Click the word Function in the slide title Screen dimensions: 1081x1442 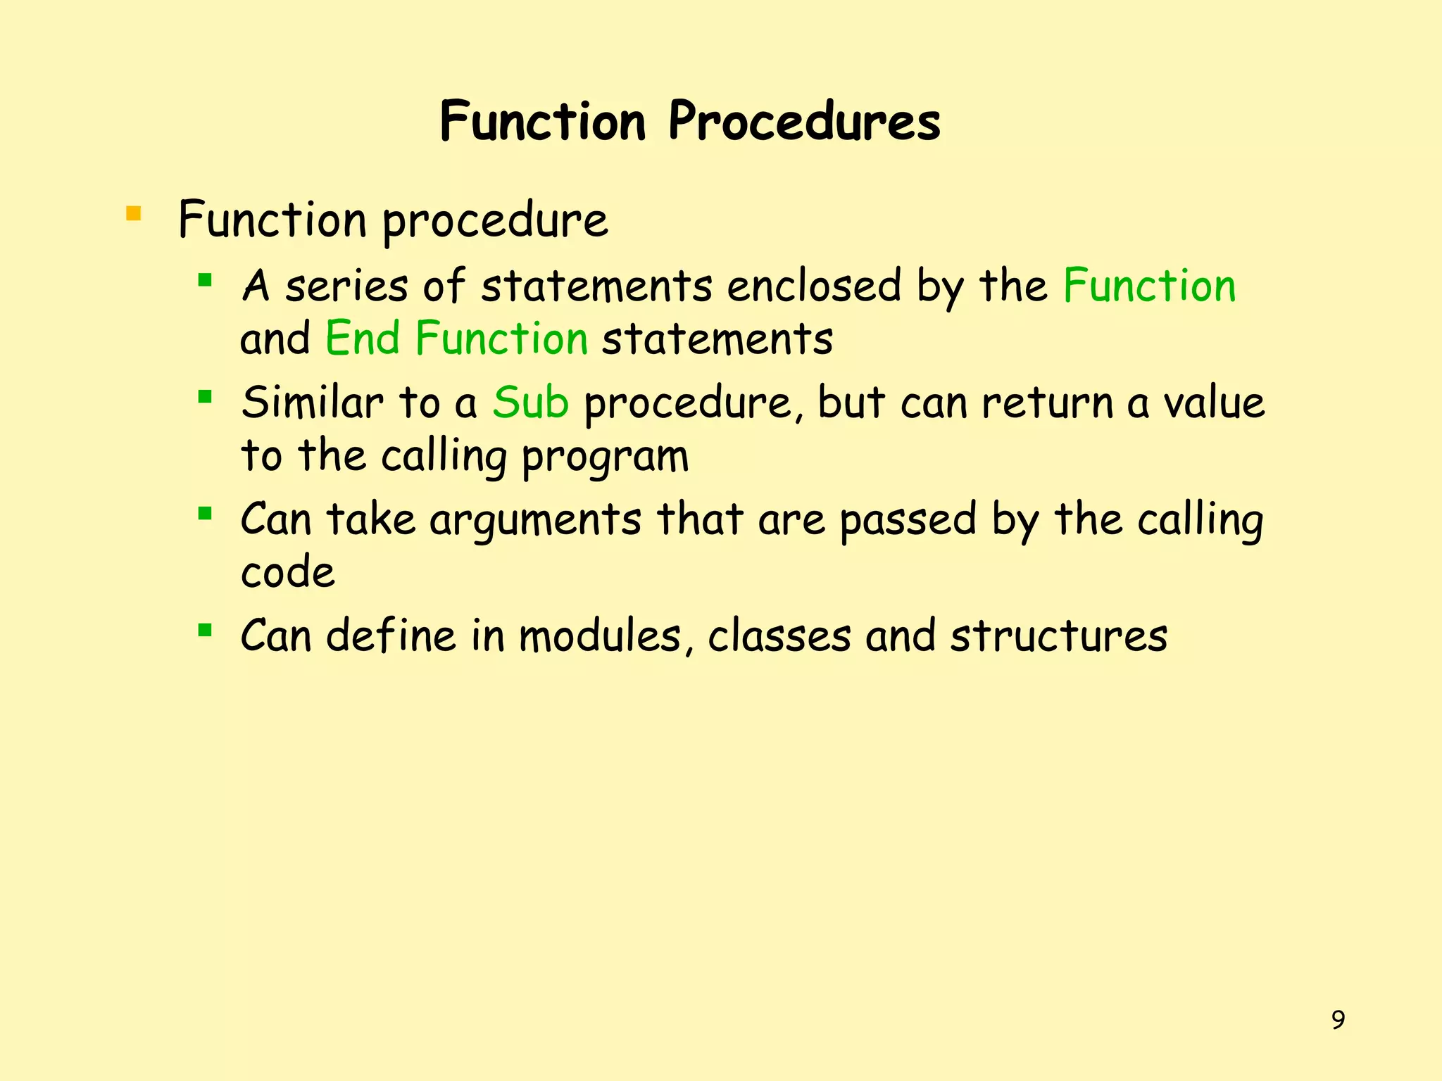[x=542, y=121]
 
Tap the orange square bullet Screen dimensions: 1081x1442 [x=133, y=213]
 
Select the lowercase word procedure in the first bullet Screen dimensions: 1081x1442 [x=495, y=221]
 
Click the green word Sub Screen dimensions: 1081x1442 [x=530, y=403]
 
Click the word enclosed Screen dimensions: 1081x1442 [x=813, y=286]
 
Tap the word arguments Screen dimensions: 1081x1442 [x=535, y=521]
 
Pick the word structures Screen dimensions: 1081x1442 [x=1058, y=636]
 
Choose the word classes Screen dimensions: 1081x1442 [x=779, y=636]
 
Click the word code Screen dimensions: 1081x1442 [x=287, y=571]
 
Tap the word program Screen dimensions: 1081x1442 [x=605, y=457]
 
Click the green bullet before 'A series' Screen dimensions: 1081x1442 [x=205, y=282]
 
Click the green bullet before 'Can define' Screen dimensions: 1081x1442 [x=205, y=630]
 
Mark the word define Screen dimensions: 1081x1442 [x=391, y=636]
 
